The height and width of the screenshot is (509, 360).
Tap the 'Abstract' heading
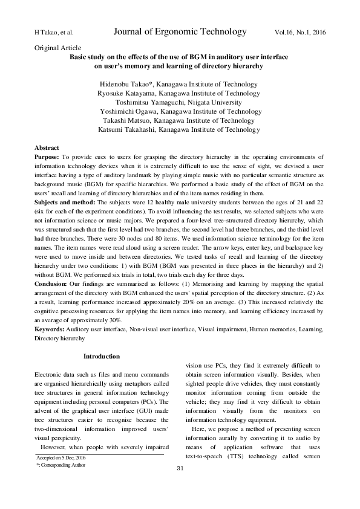pos(47,148)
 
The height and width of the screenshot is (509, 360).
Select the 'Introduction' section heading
pos(102,356)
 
